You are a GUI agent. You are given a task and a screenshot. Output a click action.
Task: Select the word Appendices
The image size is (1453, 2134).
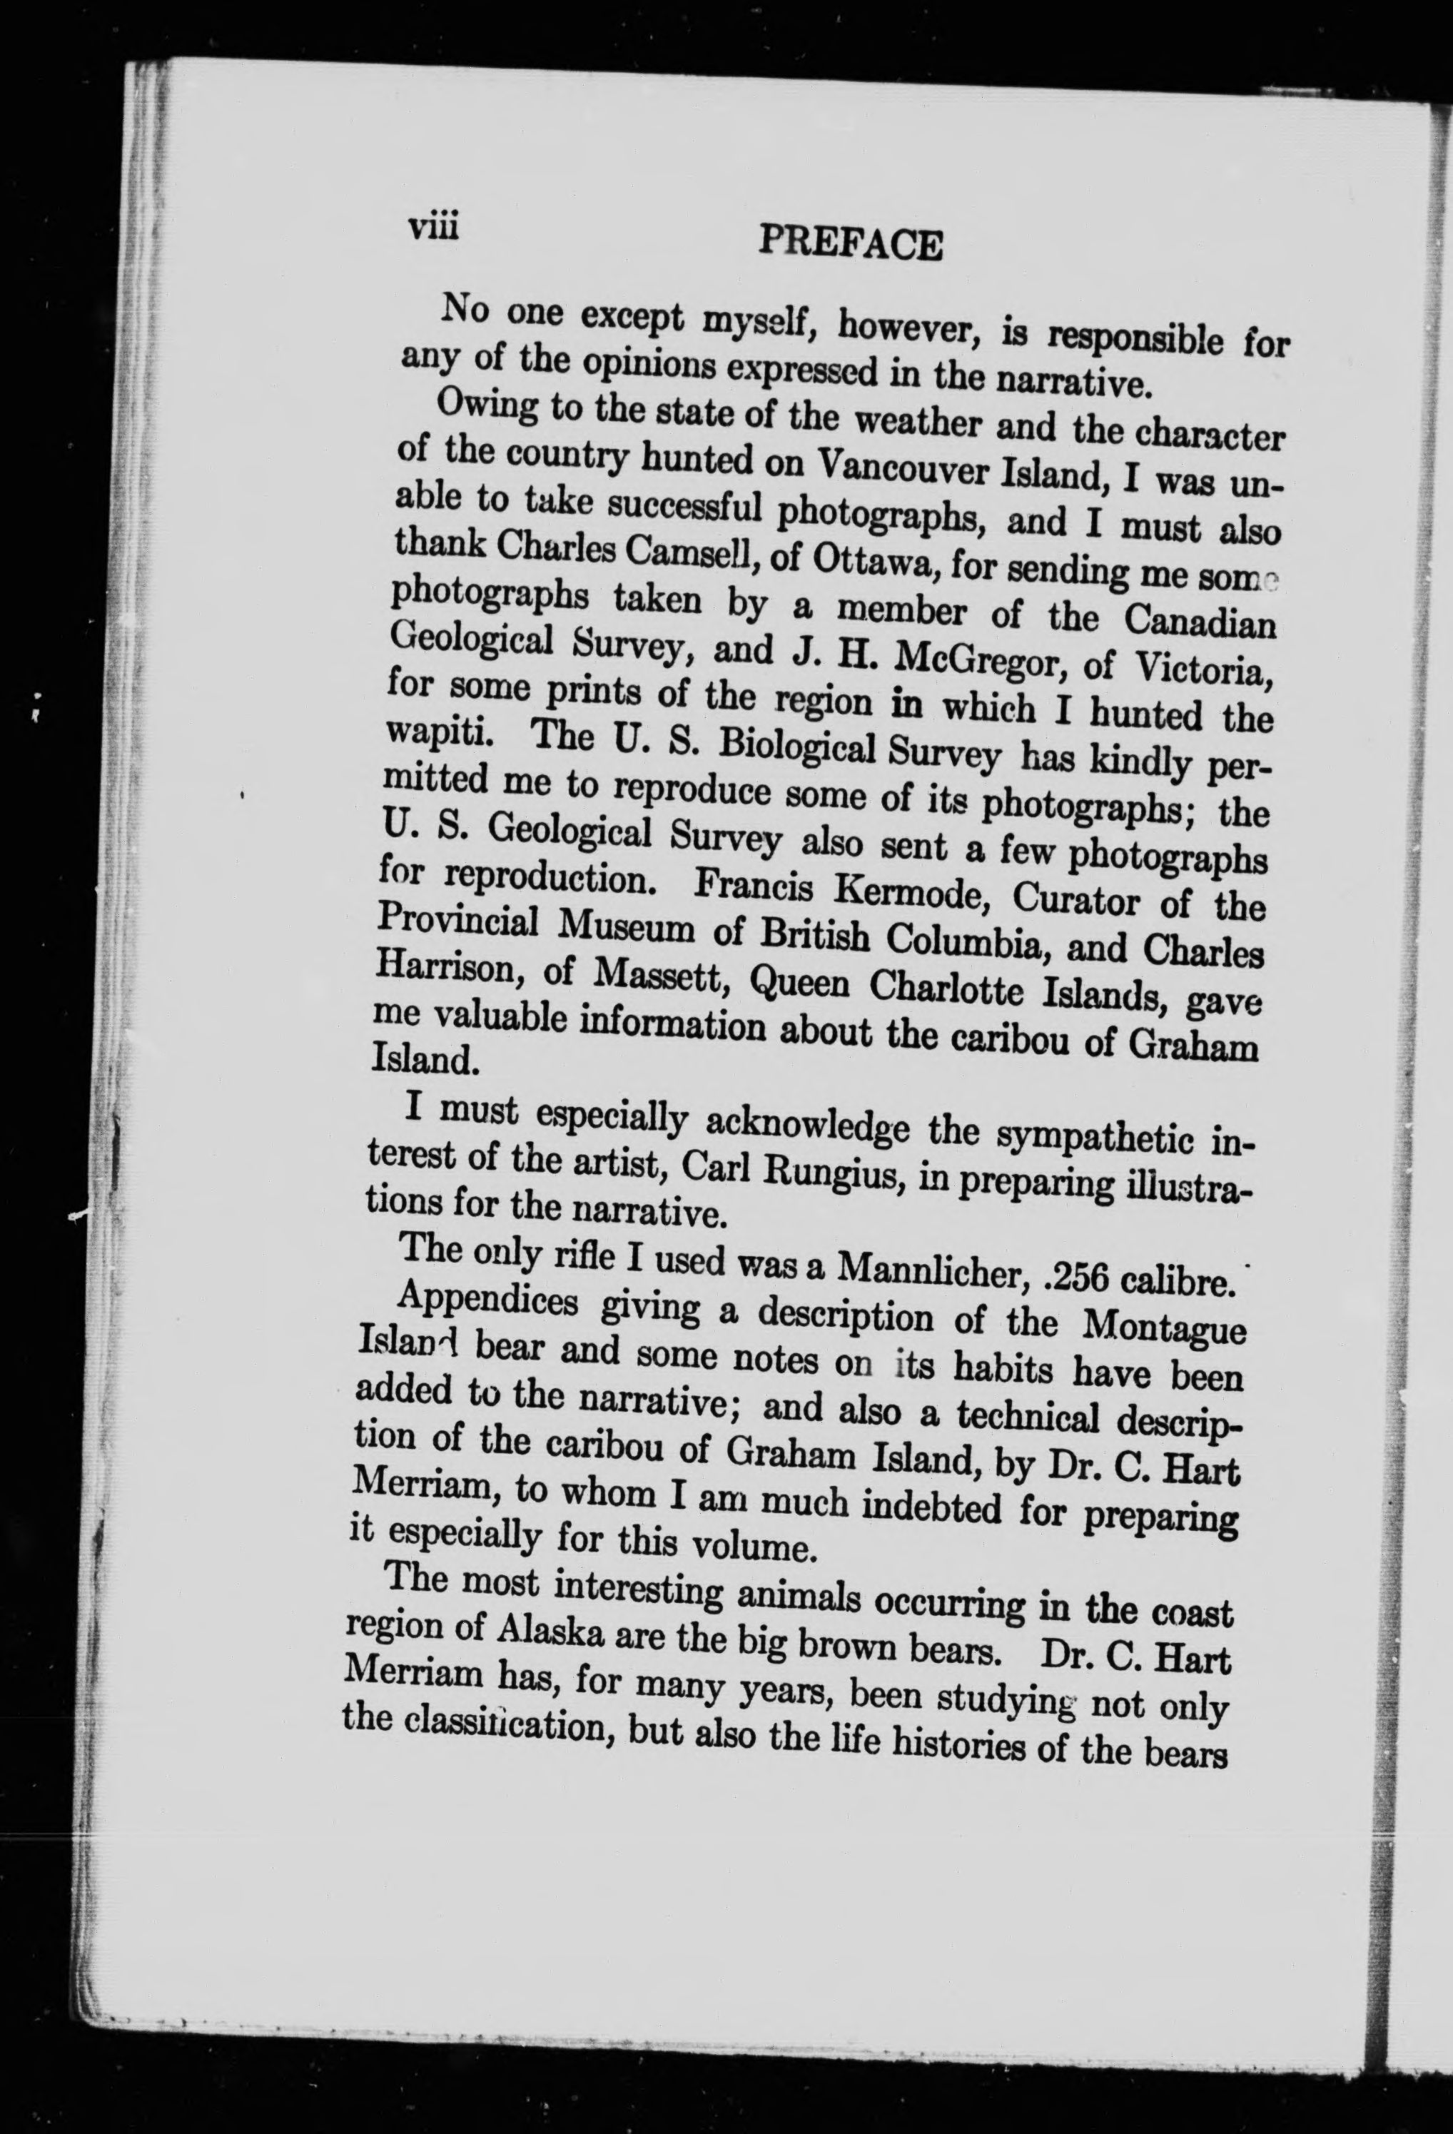click(x=490, y=1307)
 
